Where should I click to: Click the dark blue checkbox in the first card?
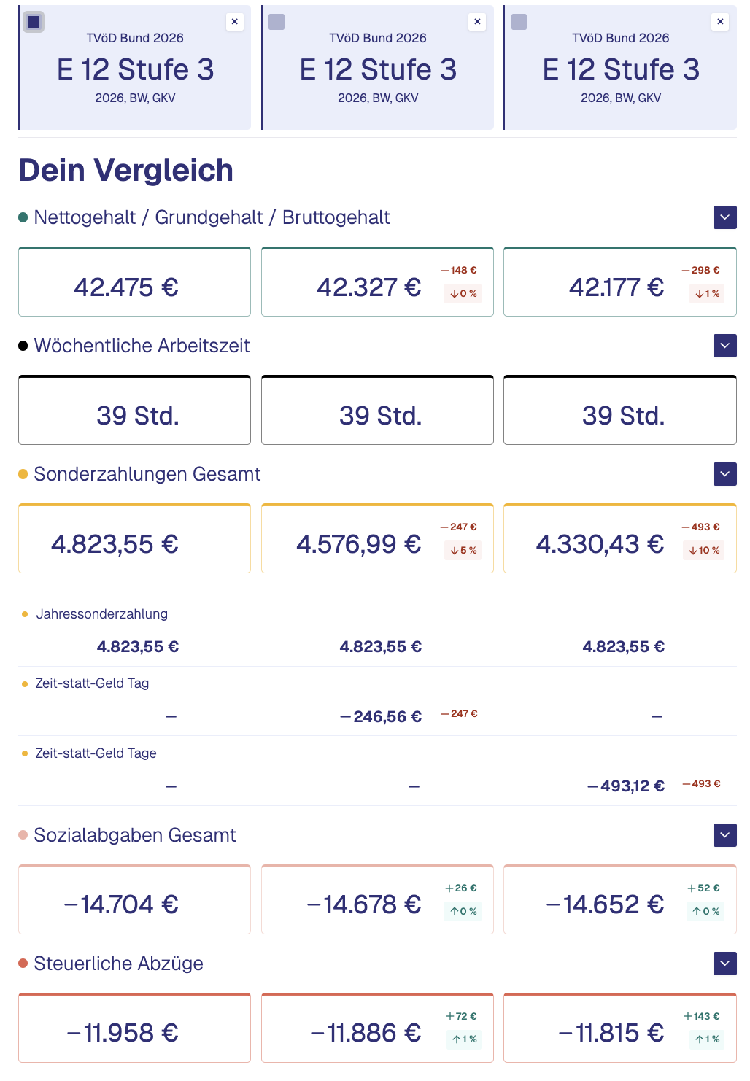point(34,22)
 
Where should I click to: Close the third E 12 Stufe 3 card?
point(720,22)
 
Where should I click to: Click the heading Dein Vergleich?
point(126,171)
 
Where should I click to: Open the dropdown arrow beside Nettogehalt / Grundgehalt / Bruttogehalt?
point(724,217)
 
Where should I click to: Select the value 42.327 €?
point(368,287)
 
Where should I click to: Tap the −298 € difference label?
point(700,271)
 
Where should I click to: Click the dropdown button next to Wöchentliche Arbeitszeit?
point(724,346)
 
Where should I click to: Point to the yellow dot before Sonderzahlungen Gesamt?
point(23,474)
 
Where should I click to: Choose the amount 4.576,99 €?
point(358,544)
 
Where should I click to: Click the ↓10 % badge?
point(705,551)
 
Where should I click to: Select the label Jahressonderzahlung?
point(102,614)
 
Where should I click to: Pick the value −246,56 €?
point(381,717)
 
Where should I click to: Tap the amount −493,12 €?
point(626,786)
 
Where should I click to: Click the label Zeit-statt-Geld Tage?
point(96,753)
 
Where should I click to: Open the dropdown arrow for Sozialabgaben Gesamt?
point(724,835)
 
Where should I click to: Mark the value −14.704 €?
point(121,905)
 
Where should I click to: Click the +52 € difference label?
point(703,888)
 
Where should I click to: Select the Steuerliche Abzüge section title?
point(118,964)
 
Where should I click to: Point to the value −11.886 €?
point(366,1034)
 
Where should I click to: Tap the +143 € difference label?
point(702,1017)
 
